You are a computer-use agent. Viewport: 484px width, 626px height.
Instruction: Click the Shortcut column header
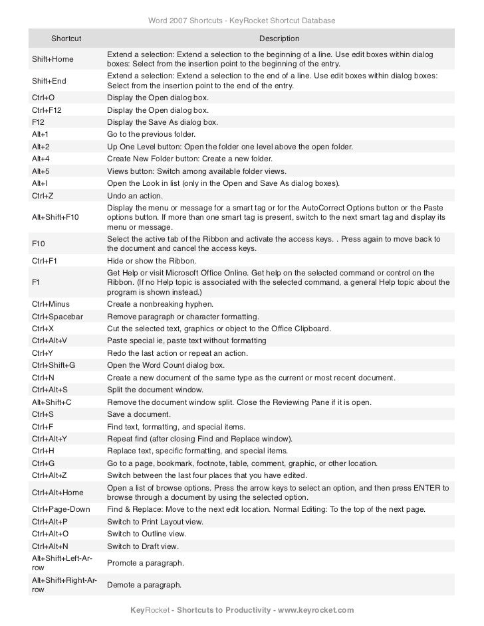coord(66,40)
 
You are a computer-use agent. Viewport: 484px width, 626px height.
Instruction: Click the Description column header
coord(279,40)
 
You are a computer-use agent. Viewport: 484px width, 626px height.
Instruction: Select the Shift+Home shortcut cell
coord(53,60)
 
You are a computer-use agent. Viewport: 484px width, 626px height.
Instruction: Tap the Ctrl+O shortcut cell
coord(44,97)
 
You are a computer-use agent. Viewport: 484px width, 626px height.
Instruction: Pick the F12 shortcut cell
coord(39,122)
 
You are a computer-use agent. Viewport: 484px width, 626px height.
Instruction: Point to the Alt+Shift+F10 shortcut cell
coord(55,217)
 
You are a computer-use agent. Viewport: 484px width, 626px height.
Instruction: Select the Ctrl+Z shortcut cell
coord(43,196)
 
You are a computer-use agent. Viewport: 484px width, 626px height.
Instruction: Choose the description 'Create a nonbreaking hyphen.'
coord(161,304)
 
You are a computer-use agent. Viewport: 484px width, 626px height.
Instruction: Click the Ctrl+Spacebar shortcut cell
coord(58,317)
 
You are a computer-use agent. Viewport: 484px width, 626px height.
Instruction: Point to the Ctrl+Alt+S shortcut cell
coord(50,390)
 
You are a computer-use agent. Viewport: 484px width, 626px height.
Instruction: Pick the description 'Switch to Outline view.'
coord(147,534)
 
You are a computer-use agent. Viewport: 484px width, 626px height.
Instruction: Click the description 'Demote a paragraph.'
coord(146,586)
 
